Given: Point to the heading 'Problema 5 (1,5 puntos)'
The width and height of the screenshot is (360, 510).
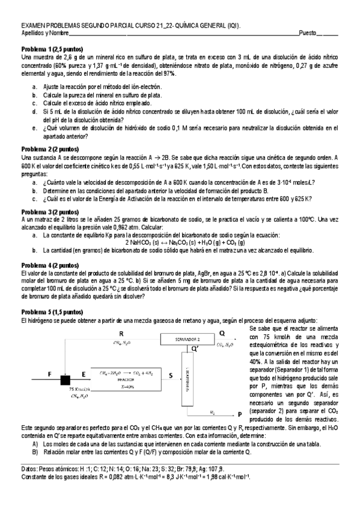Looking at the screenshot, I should coord(52,312).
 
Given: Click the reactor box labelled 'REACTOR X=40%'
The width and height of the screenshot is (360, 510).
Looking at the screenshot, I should coord(125,379).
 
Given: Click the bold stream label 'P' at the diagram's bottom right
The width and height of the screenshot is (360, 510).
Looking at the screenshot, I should coord(240,414).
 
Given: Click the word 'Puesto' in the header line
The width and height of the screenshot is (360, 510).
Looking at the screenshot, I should coord(310,32).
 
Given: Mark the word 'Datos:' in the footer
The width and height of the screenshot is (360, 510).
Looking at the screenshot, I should coord(30,468).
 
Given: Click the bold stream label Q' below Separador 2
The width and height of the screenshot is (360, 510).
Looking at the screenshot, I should coord(194,348).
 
